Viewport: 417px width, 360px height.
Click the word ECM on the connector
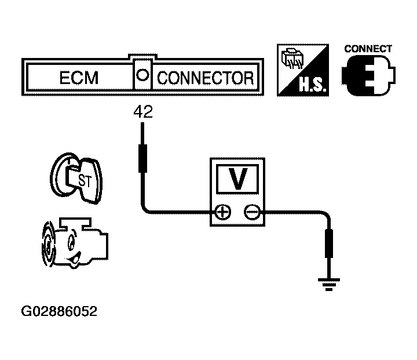79,78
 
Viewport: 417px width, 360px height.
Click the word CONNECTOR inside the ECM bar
205,78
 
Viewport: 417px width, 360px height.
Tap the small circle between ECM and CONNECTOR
142,75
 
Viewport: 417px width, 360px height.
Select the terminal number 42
143,112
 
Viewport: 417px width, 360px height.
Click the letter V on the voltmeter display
238,179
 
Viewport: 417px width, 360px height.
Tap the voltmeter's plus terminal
222,212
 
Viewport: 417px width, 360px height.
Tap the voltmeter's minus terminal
252,212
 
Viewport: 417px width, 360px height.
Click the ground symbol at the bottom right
329,285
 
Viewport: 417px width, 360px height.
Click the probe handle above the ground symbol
329,243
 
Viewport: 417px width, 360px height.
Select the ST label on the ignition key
85,180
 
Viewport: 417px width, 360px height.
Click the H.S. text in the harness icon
312,85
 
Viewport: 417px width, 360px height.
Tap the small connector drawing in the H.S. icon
292,59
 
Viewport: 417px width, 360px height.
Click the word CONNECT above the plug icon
368,49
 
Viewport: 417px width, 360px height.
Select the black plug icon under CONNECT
368,75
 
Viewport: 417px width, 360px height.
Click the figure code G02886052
59,311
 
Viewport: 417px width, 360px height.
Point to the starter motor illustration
75,242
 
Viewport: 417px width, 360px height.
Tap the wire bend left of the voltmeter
145,209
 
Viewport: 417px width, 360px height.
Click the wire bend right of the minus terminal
326,214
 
